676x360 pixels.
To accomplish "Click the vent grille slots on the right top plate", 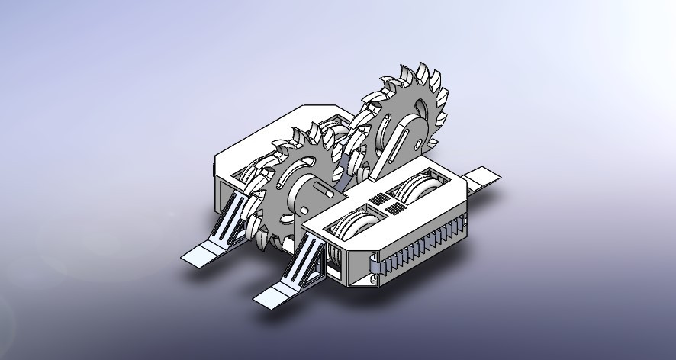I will (x=386, y=204).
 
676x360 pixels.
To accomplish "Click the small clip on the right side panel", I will (x=375, y=265).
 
